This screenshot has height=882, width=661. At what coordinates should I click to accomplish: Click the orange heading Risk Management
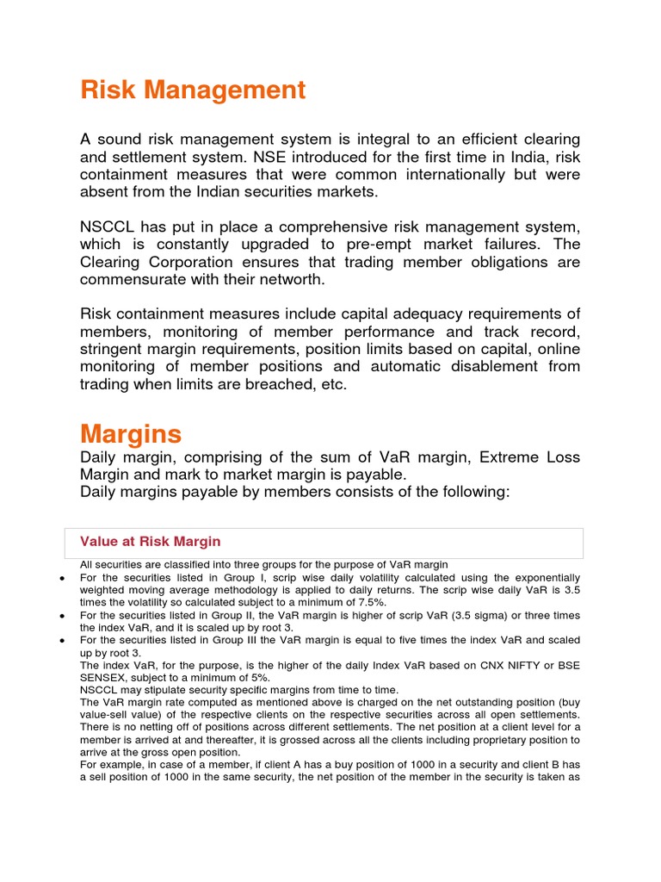pos(193,90)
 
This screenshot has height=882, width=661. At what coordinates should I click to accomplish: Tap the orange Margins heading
pos(131,432)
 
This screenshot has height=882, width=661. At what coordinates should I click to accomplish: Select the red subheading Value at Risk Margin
pos(150,542)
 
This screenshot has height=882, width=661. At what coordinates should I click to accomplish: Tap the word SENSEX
pos(104,677)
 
